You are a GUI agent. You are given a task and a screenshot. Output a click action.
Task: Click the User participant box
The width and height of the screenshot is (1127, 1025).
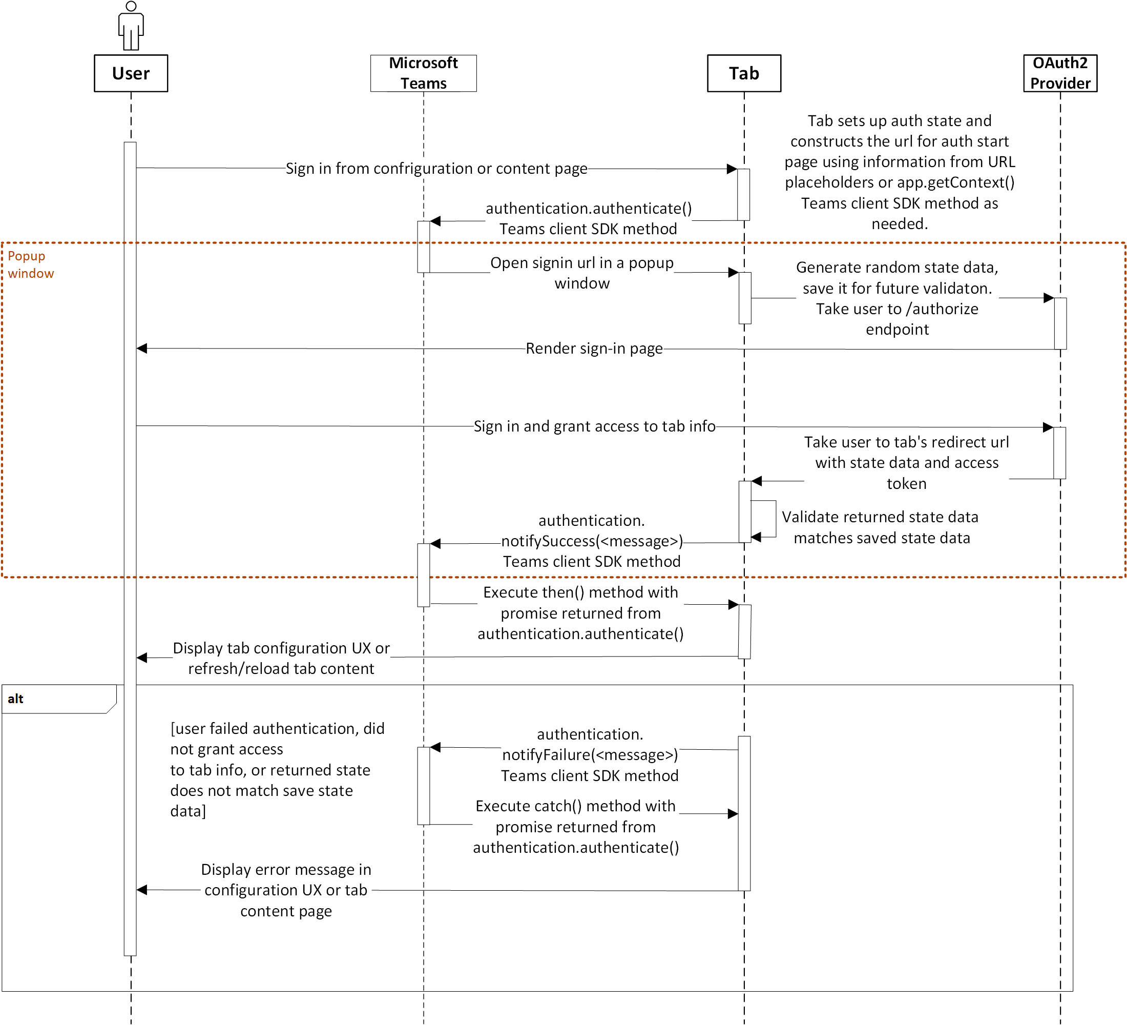pyautogui.click(x=131, y=73)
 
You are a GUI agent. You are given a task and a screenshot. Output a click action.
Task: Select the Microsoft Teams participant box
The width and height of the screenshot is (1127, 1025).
pyautogui.click(x=423, y=73)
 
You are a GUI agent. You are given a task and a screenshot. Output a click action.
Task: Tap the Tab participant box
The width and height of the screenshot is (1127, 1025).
pyautogui.click(x=743, y=73)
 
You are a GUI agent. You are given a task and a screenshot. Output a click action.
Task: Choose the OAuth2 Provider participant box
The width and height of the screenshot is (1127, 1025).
pyautogui.click(x=1060, y=73)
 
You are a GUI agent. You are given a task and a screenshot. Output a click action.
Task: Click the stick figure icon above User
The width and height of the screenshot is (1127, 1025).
pyautogui.click(x=131, y=26)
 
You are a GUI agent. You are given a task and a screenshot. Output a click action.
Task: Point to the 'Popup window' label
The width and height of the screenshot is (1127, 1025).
pyautogui.click(x=30, y=264)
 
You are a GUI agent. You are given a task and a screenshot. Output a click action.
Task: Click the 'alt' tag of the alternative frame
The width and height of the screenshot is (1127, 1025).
pyautogui.click(x=16, y=699)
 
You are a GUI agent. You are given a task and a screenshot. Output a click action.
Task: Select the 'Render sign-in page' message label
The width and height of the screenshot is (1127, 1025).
pyautogui.click(x=594, y=348)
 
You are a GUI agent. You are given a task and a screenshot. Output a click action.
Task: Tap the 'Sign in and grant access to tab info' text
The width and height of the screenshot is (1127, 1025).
pyautogui.click(x=594, y=426)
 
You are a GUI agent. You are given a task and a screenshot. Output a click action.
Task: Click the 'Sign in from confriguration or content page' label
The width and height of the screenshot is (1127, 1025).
pyautogui.click(x=436, y=168)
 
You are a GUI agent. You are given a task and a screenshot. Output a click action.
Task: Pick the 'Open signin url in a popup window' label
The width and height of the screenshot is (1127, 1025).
pyautogui.click(x=581, y=273)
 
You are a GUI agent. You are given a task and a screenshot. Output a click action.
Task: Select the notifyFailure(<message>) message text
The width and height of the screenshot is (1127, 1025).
pyautogui.click(x=590, y=754)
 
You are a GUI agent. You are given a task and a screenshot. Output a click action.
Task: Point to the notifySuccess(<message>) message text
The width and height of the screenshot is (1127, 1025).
pyautogui.click(x=592, y=541)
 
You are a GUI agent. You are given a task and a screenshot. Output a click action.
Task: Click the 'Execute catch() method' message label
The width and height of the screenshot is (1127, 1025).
pyautogui.click(x=576, y=827)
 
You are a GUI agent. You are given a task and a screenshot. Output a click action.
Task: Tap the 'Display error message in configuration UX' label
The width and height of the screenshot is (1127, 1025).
pyautogui.click(x=286, y=890)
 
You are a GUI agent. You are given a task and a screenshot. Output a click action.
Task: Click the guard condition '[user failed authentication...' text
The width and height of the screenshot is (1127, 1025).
pyautogui.click(x=277, y=769)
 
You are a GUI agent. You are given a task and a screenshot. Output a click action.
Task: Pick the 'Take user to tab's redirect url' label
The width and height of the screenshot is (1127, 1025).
pyautogui.click(x=906, y=462)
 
